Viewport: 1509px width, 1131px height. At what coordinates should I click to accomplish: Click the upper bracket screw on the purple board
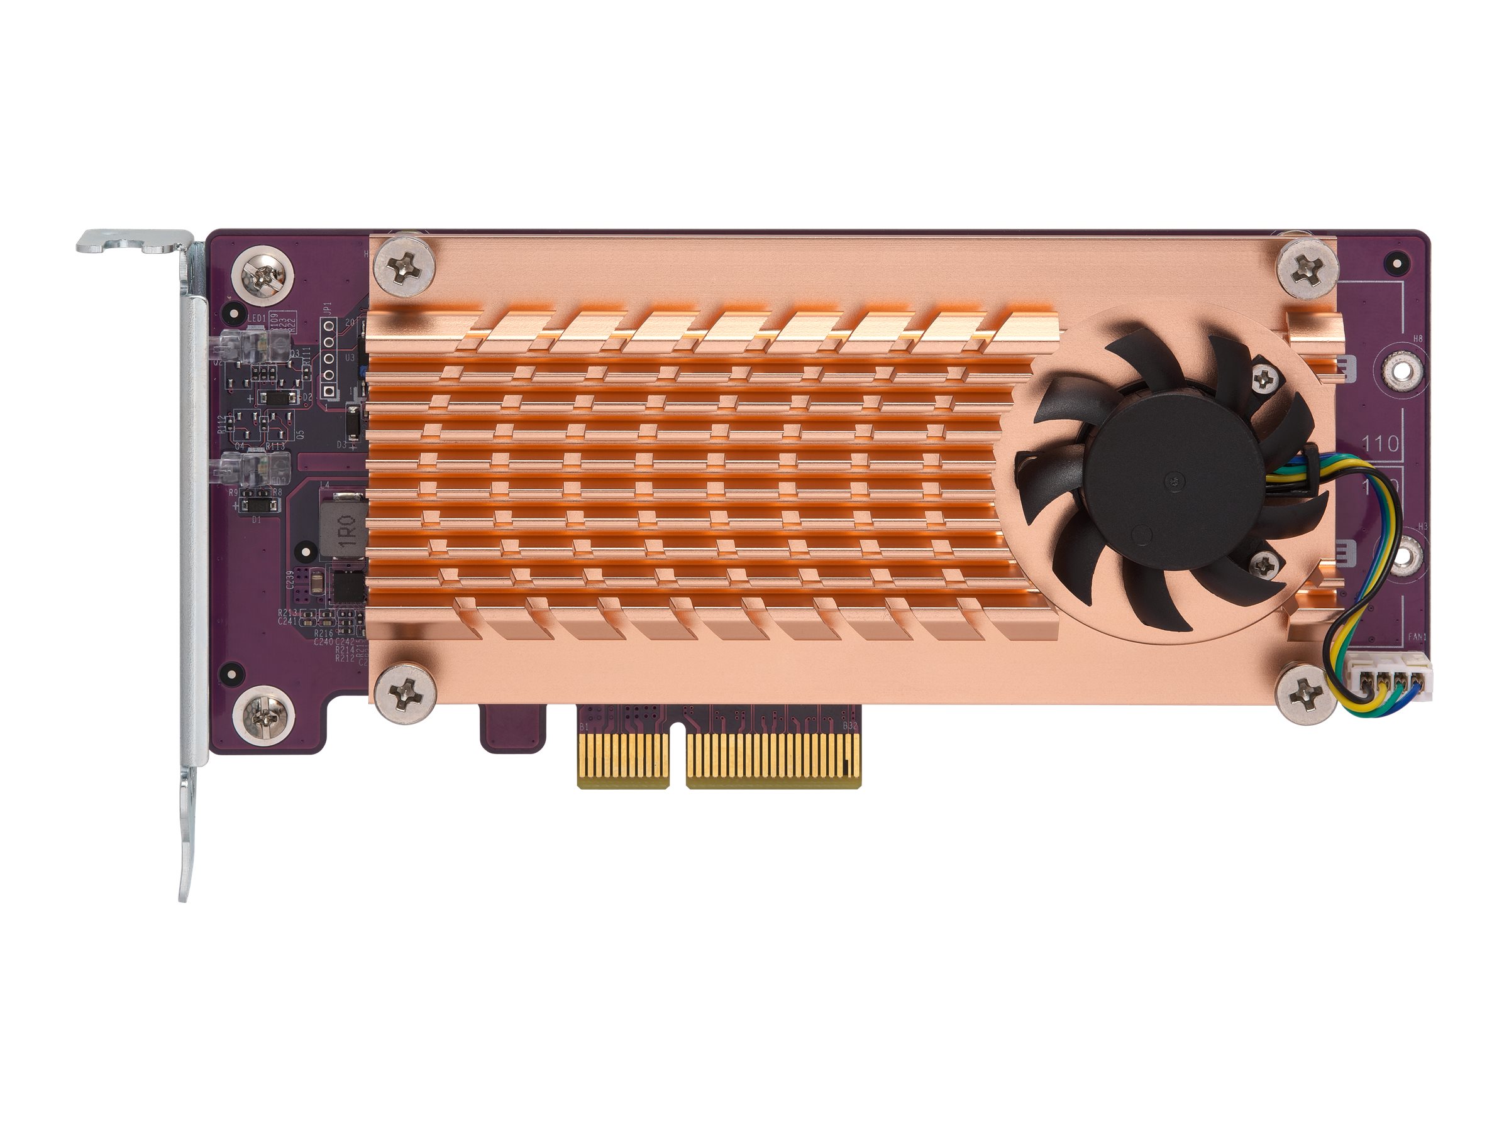pyautogui.click(x=263, y=275)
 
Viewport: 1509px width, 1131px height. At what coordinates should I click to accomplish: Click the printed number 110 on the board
pyautogui.click(x=1380, y=444)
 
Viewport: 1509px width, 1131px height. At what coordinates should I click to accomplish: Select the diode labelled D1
pyautogui.click(x=258, y=506)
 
